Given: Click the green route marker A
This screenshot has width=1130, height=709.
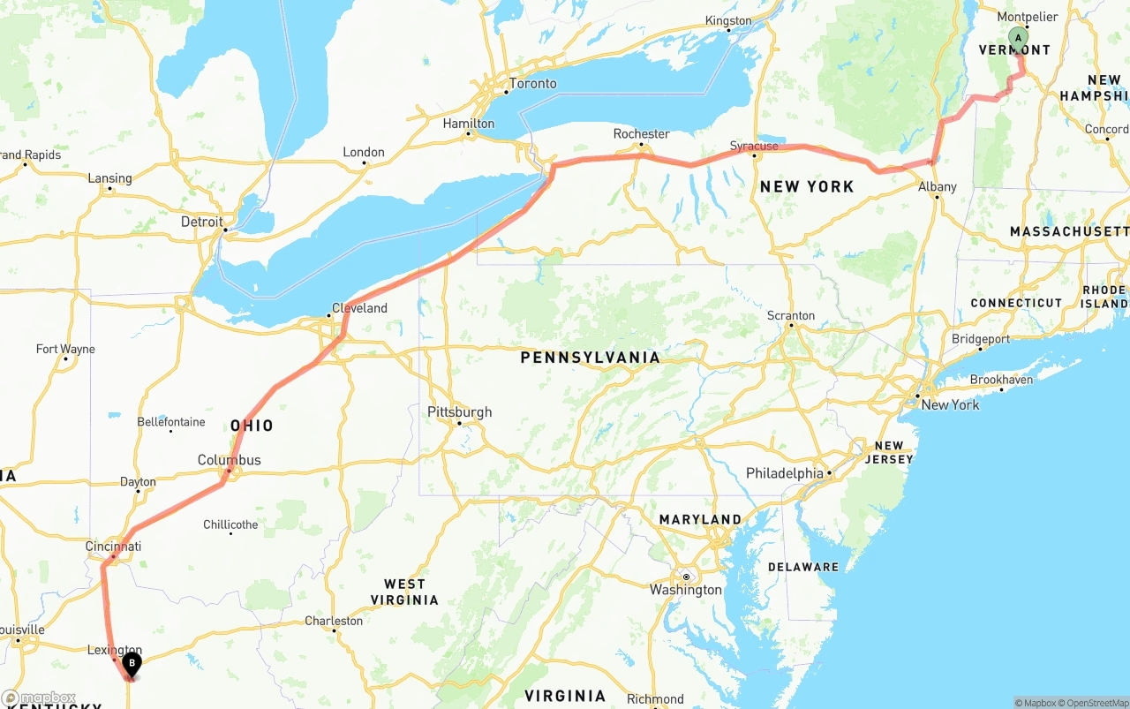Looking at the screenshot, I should (1018, 38).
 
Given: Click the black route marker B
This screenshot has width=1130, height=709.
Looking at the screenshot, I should (132, 663).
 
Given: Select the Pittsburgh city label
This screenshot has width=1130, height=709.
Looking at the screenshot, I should (459, 412).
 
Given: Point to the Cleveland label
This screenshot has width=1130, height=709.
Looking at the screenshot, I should (359, 308).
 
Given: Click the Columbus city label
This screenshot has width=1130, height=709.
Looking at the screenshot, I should (229, 460).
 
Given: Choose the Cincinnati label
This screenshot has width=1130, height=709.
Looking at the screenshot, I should (113, 547).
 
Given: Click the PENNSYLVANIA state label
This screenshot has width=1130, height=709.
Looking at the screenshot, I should (590, 358).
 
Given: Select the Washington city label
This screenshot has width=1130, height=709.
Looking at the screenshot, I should (685, 589).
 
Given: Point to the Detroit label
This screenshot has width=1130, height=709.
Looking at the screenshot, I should (201, 222).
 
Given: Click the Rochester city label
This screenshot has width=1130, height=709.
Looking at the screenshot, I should (642, 134).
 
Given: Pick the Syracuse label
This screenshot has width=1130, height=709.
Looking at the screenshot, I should (754, 146).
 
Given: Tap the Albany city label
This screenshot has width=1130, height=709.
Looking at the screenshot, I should (937, 186).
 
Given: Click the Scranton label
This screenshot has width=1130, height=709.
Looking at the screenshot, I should (791, 315).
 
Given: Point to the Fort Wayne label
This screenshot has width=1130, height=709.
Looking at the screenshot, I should (65, 349).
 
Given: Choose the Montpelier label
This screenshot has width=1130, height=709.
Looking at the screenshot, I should (1027, 18).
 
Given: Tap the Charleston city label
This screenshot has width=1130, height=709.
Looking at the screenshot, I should (334, 621).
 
